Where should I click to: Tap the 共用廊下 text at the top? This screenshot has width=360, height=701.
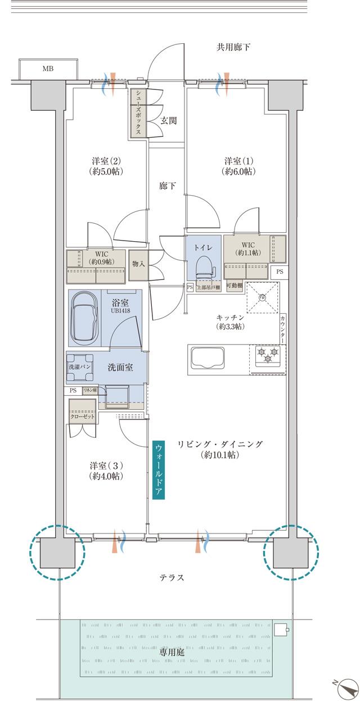tap(233, 47)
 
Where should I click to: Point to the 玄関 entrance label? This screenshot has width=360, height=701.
tap(169, 120)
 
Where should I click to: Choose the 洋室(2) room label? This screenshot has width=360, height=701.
tap(106, 165)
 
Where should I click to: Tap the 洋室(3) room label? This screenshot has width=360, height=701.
tap(106, 471)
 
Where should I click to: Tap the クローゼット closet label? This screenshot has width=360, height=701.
tap(82, 417)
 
